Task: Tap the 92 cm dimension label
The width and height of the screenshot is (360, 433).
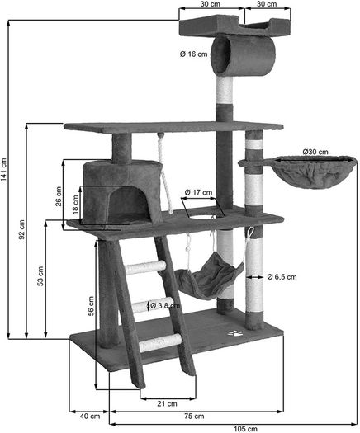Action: (21, 229)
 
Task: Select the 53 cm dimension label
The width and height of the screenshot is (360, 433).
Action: (40, 275)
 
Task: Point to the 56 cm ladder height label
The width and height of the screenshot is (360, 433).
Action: (91, 306)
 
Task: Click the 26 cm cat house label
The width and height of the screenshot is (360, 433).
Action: (59, 196)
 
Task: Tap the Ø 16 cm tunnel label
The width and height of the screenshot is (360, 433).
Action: (193, 54)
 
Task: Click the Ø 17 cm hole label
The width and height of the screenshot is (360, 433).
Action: (198, 192)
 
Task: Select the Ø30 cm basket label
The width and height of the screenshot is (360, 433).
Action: (315, 152)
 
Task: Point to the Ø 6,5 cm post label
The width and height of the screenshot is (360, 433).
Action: (282, 276)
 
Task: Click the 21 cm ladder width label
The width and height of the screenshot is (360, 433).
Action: (167, 404)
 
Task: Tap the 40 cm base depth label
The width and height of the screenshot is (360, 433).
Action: (90, 416)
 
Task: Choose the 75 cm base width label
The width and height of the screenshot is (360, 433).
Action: (194, 416)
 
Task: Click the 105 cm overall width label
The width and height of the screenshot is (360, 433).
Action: (245, 429)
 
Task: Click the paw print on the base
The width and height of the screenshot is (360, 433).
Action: (235, 333)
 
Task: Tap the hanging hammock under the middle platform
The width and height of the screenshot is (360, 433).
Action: (209, 277)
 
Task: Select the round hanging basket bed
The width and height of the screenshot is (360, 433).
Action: (312, 172)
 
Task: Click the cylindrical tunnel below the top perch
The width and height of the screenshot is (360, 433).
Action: (243, 56)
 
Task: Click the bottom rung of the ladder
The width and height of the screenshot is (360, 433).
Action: (160, 342)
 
